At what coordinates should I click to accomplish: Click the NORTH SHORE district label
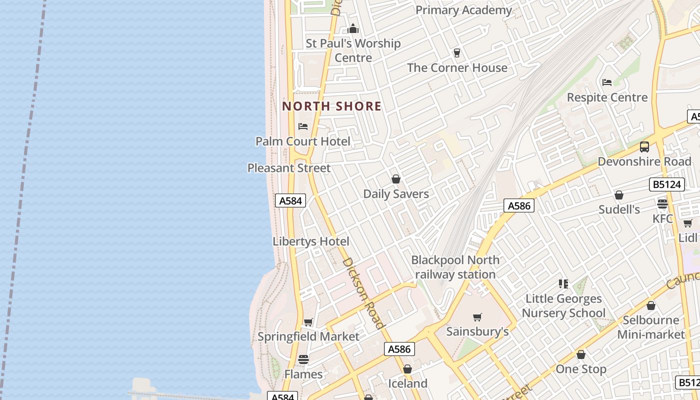pos(332,106)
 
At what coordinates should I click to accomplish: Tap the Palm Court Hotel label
pos(303,141)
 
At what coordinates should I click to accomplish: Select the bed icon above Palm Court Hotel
pos(303,126)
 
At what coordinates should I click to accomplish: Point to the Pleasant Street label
pos(289,168)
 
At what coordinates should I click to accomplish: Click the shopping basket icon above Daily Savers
pos(396,179)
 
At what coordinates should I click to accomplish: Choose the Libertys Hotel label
pos(311,241)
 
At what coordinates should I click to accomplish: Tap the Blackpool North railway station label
pos(455,267)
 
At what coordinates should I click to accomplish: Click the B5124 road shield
pos(667,184)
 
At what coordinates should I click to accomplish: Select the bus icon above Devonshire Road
pos(644,147)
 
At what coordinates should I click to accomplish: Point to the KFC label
pos(662,218)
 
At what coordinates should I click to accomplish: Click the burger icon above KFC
pos(662,204)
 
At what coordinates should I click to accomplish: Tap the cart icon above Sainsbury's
pos(477,317)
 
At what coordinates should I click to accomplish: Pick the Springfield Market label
pos(308,336)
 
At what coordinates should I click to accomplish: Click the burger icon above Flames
pos(303,359)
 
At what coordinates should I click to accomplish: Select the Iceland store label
pos(408,383)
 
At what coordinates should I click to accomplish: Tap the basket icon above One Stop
pos(581,355)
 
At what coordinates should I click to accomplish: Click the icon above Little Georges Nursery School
pos(563,284)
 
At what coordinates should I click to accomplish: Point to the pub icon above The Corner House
pos(456,52)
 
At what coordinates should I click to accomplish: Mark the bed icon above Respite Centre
pos(607,82)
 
